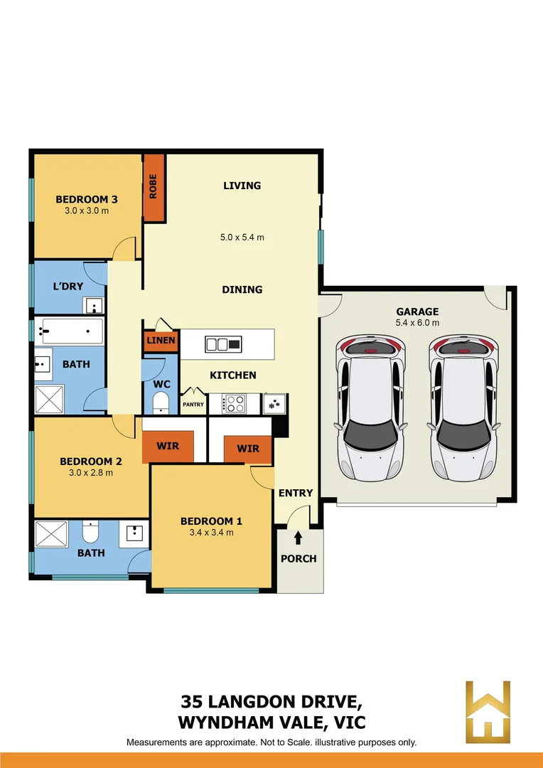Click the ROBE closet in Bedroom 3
pyautogui.click(x=154, y=186)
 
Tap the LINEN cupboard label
pyautogui.click(x=161, y=341)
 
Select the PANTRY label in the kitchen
pyautogui.click(x=193, y=405)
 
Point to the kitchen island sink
pyautogui.click(x=217, y=345)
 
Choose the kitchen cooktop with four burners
pyautogui.click(x=234, y=403)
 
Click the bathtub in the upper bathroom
pyautogui.click(x=72, y=330)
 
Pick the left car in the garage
pyautogui.click(x=370, y=407)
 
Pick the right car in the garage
pyautogui.click(x=463, y=407)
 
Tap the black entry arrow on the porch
pyautogui.click(x=298, y=538)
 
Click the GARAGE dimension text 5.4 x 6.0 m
pyautogui.click(x=417, y=323)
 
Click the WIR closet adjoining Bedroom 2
pyautogui.click(x=168, y=447)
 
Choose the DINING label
pyautogui.click(x=242, y=289)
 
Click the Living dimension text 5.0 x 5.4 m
pyautogui.click(x=242, y=238)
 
